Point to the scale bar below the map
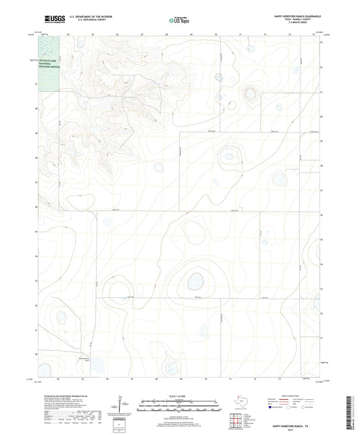(180, 407)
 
